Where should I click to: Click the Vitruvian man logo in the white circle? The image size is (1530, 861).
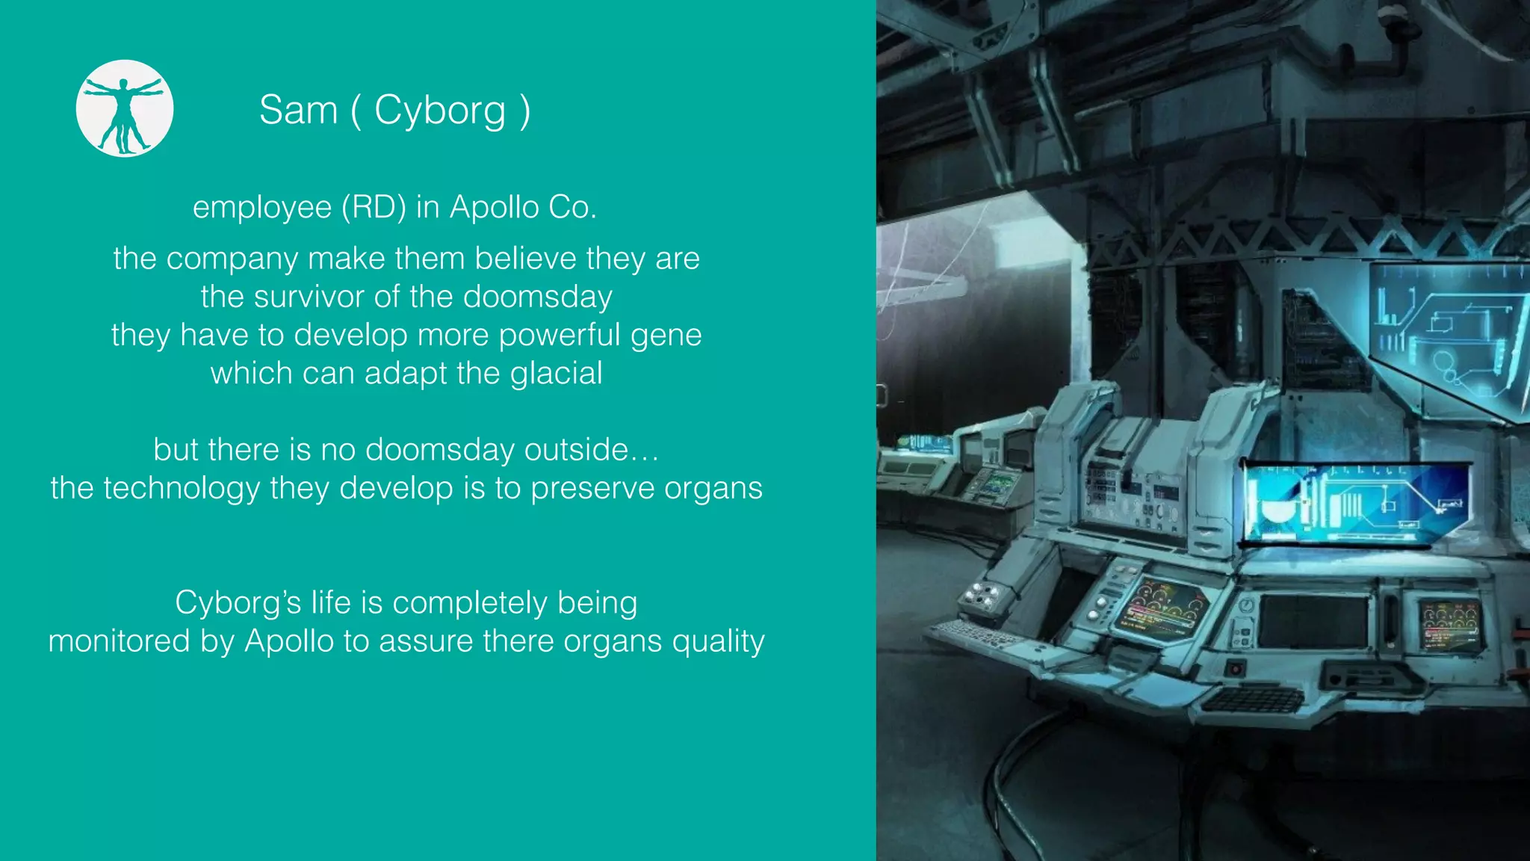click(125, 109)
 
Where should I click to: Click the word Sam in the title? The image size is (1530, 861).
click(298, 111)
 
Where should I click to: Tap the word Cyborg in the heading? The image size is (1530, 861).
click(439, 111)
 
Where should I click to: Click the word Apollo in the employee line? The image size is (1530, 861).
click(494, 207)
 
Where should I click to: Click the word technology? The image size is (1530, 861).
click(182, 489)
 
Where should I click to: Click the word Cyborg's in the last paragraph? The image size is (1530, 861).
click(238, 602)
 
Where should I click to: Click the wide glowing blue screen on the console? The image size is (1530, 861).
click(1352, 501)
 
